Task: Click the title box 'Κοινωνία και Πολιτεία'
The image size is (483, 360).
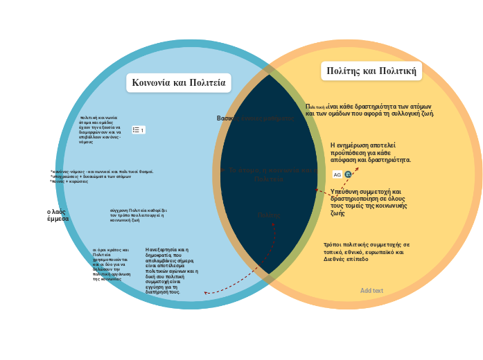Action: pos(179,83)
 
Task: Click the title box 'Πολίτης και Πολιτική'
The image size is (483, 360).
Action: pos(371,71)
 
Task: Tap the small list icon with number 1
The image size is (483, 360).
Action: pos(138,129)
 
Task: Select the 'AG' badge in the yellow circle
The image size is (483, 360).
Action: pos(337,174)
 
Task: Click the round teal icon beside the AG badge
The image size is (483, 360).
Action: pos(348,174)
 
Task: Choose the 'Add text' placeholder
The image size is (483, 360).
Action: pos(371,291)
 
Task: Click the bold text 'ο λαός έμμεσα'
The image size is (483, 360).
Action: pos(58,215)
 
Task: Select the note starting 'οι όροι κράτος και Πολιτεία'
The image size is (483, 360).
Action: pos(110,264)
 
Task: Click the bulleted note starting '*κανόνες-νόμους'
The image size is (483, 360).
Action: pos(101,176)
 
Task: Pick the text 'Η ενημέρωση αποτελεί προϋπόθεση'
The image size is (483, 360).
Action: pos(370,152)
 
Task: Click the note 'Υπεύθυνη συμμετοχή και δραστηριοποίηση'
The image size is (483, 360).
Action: pos(368,202)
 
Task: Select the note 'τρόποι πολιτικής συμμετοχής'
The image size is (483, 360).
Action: pos(367,251)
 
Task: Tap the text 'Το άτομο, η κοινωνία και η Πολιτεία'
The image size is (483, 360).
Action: pos(268,174)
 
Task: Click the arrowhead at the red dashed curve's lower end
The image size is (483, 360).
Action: pos(206,294)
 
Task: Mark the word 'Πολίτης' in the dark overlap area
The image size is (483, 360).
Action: pos(269,215)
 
